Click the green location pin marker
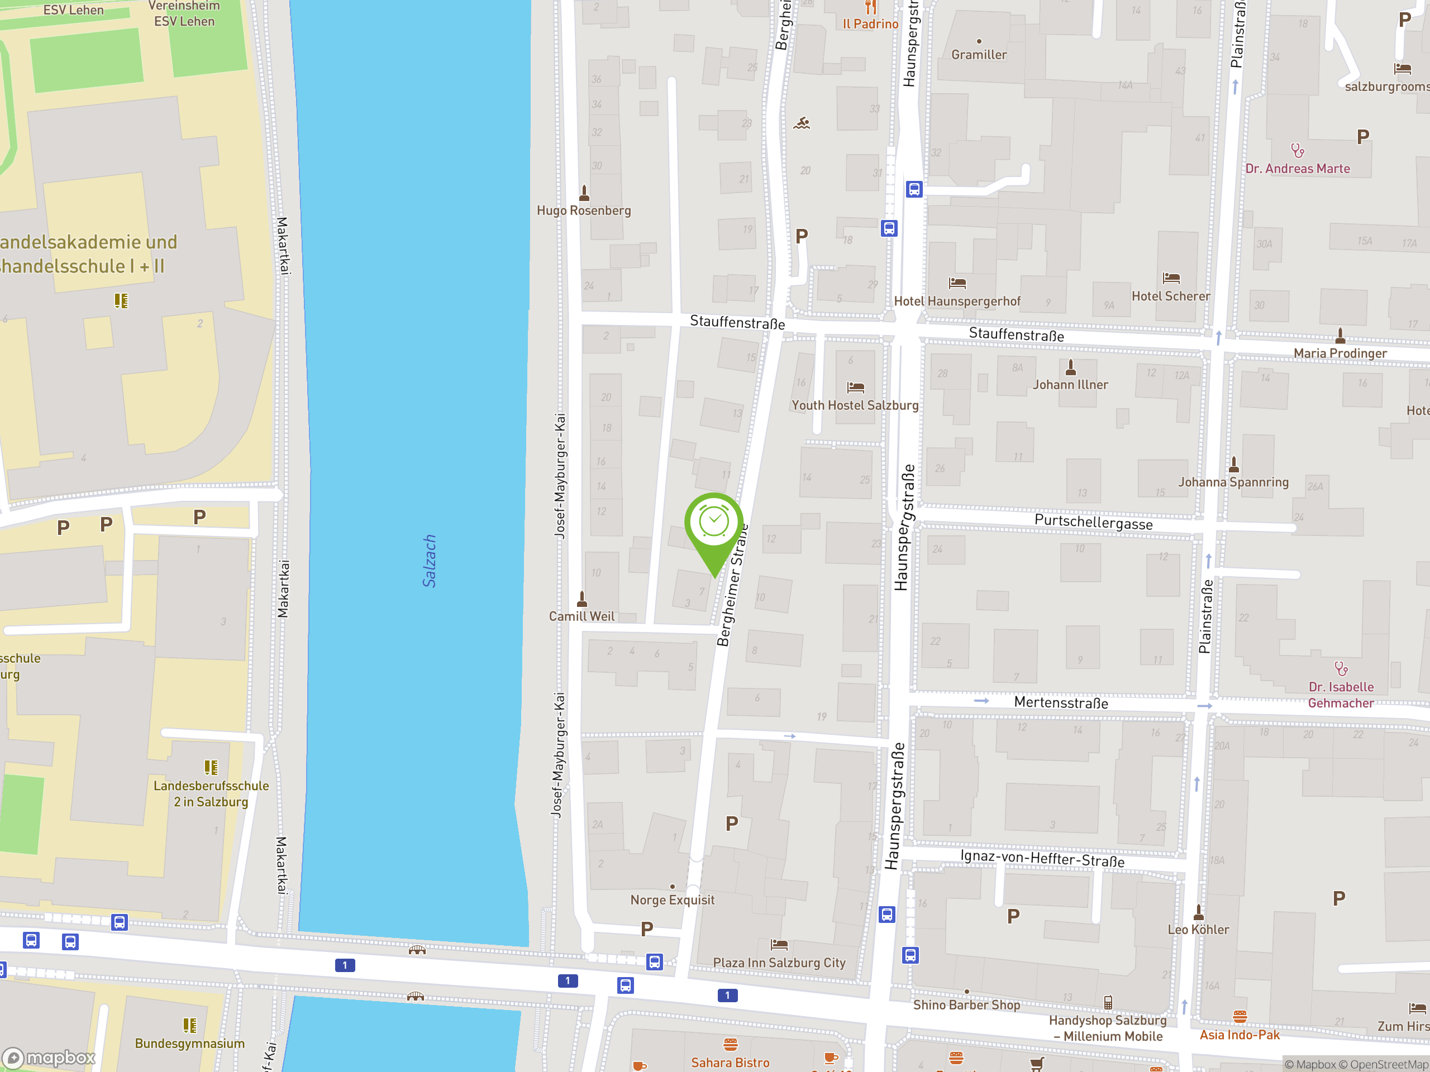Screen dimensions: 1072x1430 pyautogui.click(x=714, y=525)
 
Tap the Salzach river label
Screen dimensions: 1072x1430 pyautogui.click(x=429, y=561)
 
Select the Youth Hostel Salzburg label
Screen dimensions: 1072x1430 pyautogui.click(x=855, y=405)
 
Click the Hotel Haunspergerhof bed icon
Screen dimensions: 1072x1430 pyautogui.click(x=957, y=283)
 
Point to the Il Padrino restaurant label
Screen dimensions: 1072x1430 pyautogui.click(x=870, y=24)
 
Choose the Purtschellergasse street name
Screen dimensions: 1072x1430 pyautogui.click(x=1093, y=523)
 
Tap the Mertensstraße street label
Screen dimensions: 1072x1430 pyautogui.click(x=1061, y=702)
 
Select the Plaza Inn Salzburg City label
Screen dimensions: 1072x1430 pyautogui.click(x=779, y=963)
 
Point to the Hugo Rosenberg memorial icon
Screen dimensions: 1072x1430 pyautogui.click(x=584, y=193)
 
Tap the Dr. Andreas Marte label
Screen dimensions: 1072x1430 pyautogui.click(x=1297, y=169)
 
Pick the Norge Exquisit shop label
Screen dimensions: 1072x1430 pyautogui.click(x=673, y=900)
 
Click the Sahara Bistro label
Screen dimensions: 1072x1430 pyautogui.click(x=730, y=1063)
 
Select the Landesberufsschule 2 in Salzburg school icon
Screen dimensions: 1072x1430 pyautogui.click(x=211, y=767)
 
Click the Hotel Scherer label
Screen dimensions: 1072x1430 pyautogui.click(x=1170, y=296)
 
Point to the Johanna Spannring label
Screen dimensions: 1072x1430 pyautogui.click(x=1233, y=482)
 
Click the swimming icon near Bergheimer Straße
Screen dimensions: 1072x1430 pyautogui.click(x=802, y=123)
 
